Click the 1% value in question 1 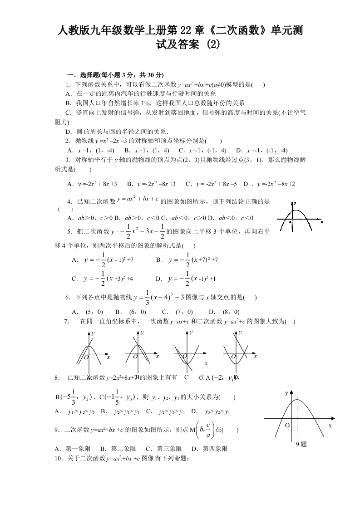[146, 103]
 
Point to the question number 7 [66, 321]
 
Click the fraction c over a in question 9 [207, 430]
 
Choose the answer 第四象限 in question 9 [209, 449]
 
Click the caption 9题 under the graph [301, 444]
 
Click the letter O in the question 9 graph [287, 426]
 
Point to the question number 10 [58, 459]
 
